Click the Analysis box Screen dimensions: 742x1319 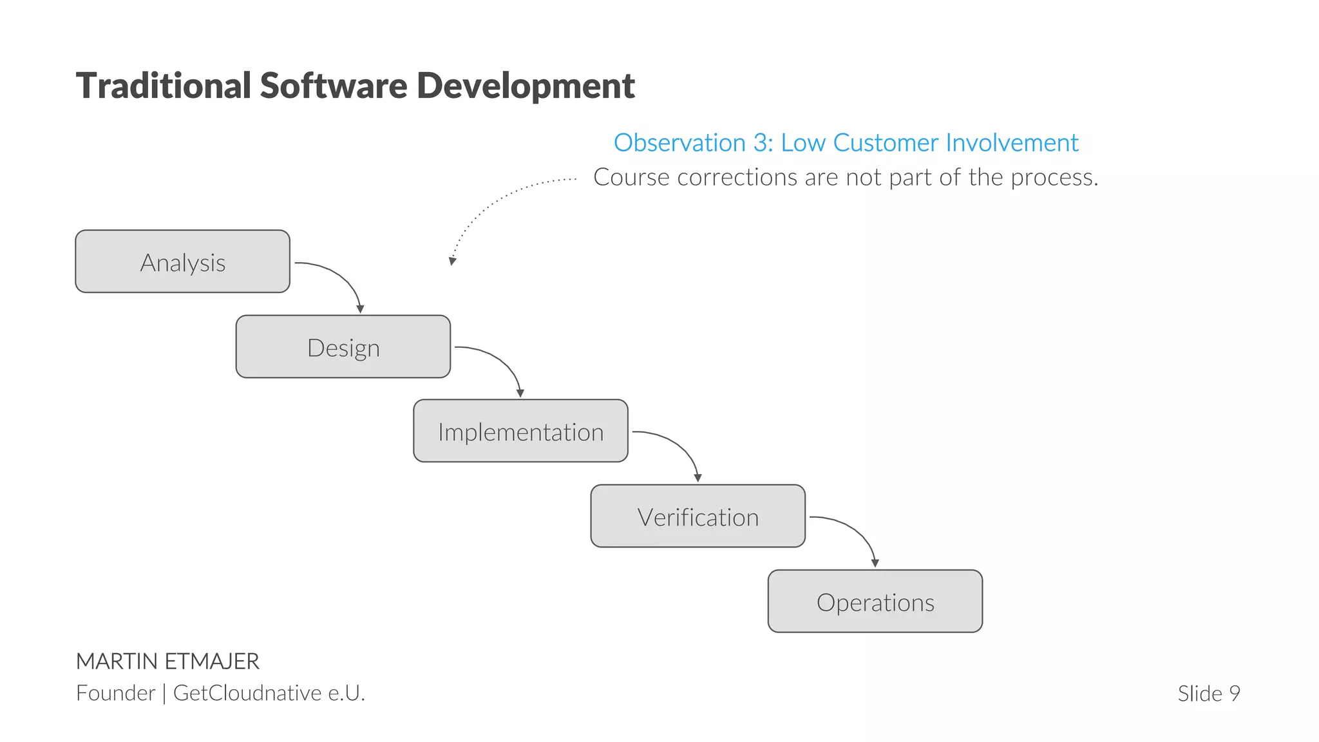pos(182,262)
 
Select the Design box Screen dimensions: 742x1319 pos(343,347)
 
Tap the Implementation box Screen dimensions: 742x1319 pos(520,431)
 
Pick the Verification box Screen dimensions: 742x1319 pos(697,516)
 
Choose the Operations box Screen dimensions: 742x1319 pos(875,601)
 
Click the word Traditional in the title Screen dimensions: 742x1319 pos(164,86)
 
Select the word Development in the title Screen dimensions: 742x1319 pos(526,86)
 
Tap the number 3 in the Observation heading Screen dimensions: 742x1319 pos(760,143)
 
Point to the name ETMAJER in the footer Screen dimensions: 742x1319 pos(212,661)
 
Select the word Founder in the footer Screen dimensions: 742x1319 pos(115,693)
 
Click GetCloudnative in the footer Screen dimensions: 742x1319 pos(247,693)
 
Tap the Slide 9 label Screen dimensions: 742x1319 pos(1208,694)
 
